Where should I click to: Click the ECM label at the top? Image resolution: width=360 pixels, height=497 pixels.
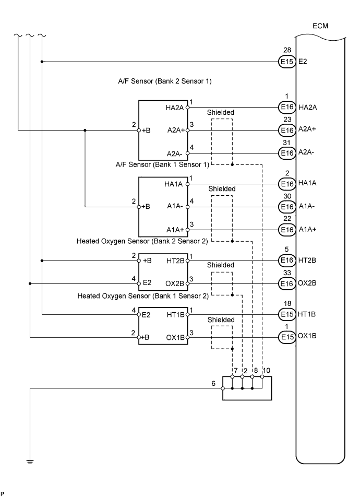[320, 26]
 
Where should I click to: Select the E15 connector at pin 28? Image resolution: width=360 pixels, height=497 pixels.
[286, 62]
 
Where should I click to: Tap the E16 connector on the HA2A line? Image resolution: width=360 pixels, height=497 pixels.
[286, 107]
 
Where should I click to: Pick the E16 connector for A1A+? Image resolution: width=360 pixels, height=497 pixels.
[286, 230]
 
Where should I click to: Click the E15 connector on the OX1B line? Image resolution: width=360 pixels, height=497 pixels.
[286, 337]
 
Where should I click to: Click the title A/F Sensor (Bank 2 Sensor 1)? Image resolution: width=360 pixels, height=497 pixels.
[164, 82]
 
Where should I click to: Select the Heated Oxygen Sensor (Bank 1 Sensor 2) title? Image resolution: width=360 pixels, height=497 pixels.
[143, 296]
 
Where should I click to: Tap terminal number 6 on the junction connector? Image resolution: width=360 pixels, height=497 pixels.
[213, 383]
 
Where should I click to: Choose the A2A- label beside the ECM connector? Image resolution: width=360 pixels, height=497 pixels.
[308, 153]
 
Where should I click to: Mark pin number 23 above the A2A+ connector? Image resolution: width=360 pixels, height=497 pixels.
[286, 120]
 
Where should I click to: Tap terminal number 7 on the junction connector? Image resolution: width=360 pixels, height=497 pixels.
[236, 371]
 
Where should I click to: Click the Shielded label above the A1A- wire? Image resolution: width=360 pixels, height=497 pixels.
[222, 188]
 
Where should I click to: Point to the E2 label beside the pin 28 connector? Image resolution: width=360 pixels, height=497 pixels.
[303, 62]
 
